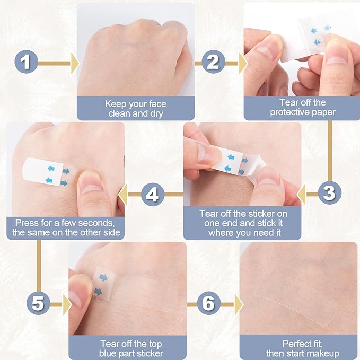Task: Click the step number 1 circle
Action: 26,62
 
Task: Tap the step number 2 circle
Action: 214,62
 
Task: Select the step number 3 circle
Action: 330,192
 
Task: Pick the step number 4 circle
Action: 153,195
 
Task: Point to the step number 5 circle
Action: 38,303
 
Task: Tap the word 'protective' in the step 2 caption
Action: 289,112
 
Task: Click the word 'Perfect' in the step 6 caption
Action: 296,344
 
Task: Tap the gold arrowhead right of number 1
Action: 75,64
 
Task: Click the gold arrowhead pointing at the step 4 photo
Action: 123,195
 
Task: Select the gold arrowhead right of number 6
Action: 239,305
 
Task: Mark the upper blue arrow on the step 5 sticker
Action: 103,277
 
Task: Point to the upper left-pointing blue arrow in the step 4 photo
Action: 51,169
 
